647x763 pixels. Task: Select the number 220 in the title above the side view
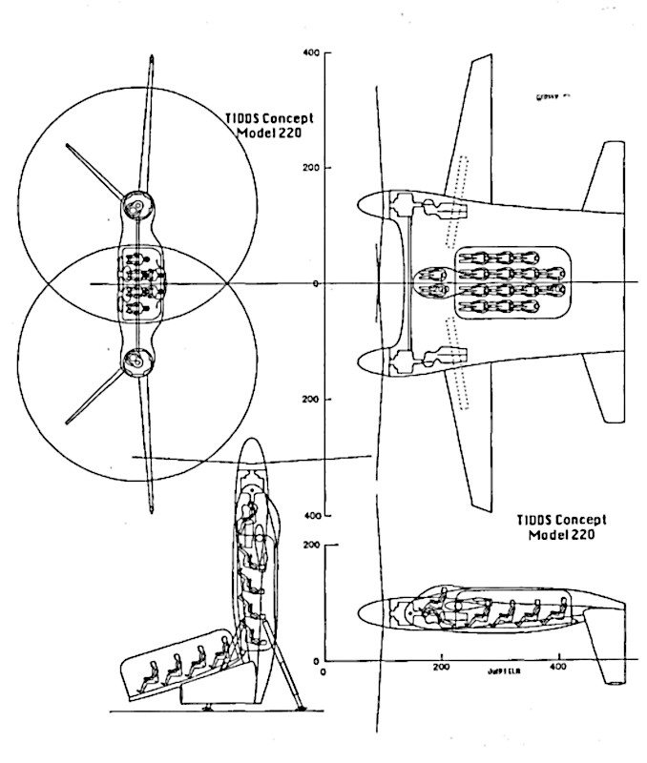click(x=583, y=536)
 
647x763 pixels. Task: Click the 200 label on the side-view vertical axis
click(x=308, y=546)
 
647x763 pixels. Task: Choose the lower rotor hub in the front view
click(x=136, y=360)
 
